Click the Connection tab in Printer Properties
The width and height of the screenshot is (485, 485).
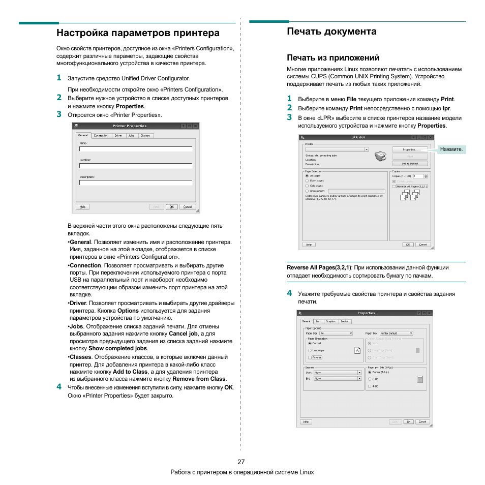101,136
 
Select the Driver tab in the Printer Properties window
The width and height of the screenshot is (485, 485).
118,136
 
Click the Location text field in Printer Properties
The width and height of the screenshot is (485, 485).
136,165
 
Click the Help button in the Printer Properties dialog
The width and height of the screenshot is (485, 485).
82,207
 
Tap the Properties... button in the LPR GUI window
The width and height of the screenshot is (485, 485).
410,149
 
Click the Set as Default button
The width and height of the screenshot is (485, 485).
410,164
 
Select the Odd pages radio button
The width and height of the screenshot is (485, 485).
307,186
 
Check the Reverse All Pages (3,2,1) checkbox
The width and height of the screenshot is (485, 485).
393,187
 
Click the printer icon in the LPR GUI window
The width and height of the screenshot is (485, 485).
379,156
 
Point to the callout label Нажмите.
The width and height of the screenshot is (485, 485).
451,149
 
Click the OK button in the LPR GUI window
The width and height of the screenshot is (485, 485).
408,245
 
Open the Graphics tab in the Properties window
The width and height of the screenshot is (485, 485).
331,321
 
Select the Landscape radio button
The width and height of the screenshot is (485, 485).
310,350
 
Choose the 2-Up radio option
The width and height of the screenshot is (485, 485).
370,379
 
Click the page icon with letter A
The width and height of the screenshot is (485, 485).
357,350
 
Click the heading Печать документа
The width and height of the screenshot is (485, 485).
331,32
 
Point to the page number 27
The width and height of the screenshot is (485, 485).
241,462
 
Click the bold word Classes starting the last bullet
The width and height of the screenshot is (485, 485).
81,357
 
